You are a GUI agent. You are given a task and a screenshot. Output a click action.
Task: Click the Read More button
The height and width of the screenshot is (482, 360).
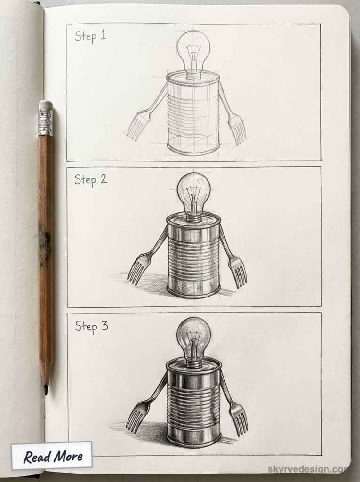52,456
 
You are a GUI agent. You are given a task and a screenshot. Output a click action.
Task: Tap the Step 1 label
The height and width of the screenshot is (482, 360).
91,36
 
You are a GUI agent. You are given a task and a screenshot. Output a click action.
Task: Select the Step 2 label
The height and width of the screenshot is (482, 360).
91,179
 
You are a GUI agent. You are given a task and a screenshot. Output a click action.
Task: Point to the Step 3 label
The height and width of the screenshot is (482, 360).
91,326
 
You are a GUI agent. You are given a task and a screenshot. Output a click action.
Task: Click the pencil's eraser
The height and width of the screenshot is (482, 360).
46,105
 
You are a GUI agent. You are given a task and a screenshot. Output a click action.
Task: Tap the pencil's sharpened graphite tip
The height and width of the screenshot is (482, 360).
46,390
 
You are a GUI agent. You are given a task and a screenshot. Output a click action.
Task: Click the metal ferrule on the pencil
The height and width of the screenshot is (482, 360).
46,123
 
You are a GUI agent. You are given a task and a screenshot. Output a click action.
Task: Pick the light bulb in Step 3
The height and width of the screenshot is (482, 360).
193,335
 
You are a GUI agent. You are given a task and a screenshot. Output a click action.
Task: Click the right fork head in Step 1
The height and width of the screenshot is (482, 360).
237,128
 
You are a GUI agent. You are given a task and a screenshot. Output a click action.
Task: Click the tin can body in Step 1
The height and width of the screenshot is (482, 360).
193,115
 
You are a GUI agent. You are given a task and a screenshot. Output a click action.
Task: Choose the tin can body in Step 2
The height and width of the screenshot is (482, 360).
193,257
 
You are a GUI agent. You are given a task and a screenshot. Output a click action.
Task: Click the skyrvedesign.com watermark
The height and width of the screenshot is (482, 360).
308,469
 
